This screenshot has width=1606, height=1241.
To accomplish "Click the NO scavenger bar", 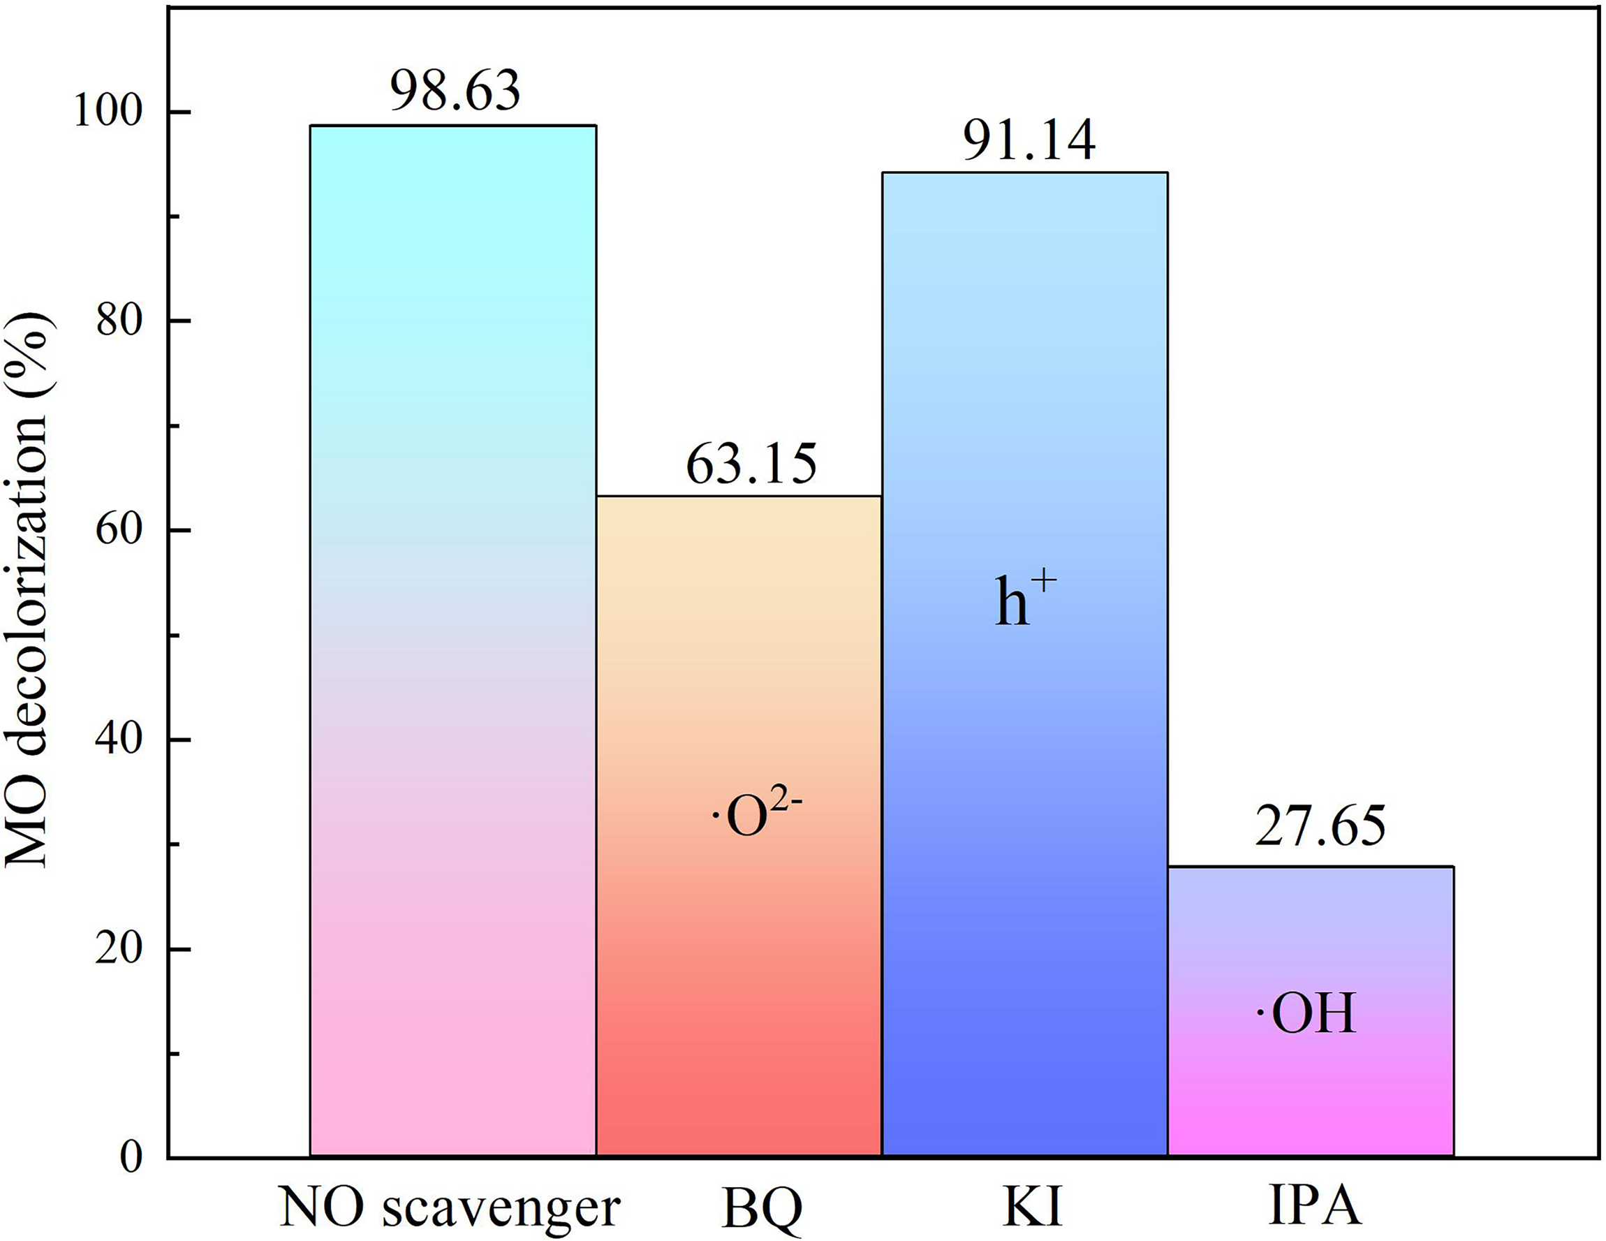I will point(452,640).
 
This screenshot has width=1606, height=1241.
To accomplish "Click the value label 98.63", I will point(455,91).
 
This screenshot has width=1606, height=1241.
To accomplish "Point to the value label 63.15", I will point(751,464).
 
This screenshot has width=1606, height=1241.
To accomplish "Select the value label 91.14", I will point(1029,140).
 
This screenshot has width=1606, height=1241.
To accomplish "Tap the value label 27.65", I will point(1320,826).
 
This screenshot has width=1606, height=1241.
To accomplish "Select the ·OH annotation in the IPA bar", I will point(1305,1015).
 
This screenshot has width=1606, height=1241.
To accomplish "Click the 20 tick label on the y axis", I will point(119,950).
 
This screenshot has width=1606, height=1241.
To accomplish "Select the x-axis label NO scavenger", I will point(450,1208).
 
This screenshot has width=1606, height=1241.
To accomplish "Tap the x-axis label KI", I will point(1033,1206).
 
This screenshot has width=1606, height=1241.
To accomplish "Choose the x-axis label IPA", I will point(1315,1206).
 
